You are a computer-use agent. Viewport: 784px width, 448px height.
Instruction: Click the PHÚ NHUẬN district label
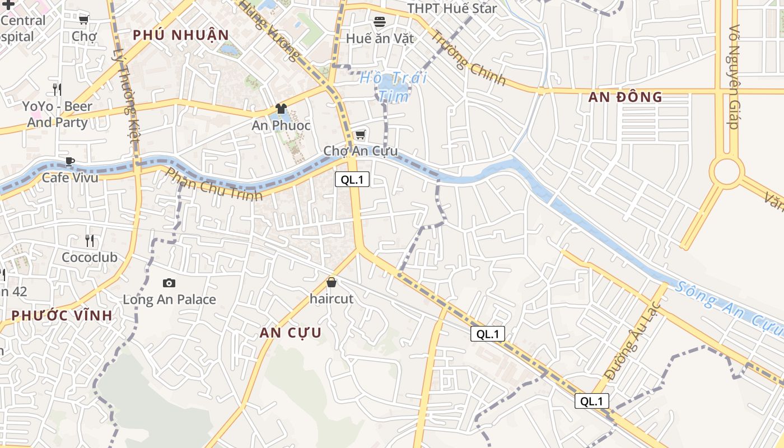pyautogui.click(x=181, y=35)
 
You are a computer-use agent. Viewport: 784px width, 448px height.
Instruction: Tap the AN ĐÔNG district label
pyautogui.click(x=626, y=97)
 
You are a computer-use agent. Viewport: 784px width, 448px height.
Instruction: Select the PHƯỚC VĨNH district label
pyautogui.click(x=62, y=315)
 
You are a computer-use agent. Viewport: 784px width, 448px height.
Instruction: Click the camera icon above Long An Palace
pyautogui.click(x=169, y=283)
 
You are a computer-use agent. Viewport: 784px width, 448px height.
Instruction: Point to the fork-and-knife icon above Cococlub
pyautogui.click(x=90, y=241)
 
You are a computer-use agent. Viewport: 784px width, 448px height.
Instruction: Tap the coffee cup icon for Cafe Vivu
pyautogui.click(x=70, y=161)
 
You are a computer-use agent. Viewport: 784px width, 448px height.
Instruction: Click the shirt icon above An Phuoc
pyautogui.click(x=281, y=109)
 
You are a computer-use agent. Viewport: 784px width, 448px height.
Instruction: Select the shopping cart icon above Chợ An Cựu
pyautogui.click(x=361, y=134)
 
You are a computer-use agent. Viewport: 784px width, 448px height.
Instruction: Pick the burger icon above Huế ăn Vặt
pyautogui.click(x=380, y=22)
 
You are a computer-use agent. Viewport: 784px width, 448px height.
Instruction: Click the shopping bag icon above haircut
pyautogui.click(x=332, y=282)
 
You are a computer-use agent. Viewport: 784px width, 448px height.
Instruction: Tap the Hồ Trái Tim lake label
pyautogui.click(x=393, y=86)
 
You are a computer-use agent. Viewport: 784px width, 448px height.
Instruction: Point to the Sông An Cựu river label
pyautogui.click(x=728, y=307)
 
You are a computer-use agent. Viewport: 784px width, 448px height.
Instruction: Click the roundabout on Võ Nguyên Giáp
pyautogui.click(x=727, y=171)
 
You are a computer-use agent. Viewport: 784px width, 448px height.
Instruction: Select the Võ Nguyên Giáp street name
pyautogui.click(x=734, y=77)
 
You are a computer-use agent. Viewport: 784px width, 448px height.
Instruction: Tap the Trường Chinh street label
pyautogui.click(x=468, y=58)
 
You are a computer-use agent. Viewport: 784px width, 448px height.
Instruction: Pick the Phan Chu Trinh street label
pyautogui.click(x=214, y=184)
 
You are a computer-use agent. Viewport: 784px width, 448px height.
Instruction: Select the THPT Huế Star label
pyautogui.click(x=452, y=8)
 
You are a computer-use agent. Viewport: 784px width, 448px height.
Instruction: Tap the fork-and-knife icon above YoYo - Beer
pyautogui.click(x=57, y=89)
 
